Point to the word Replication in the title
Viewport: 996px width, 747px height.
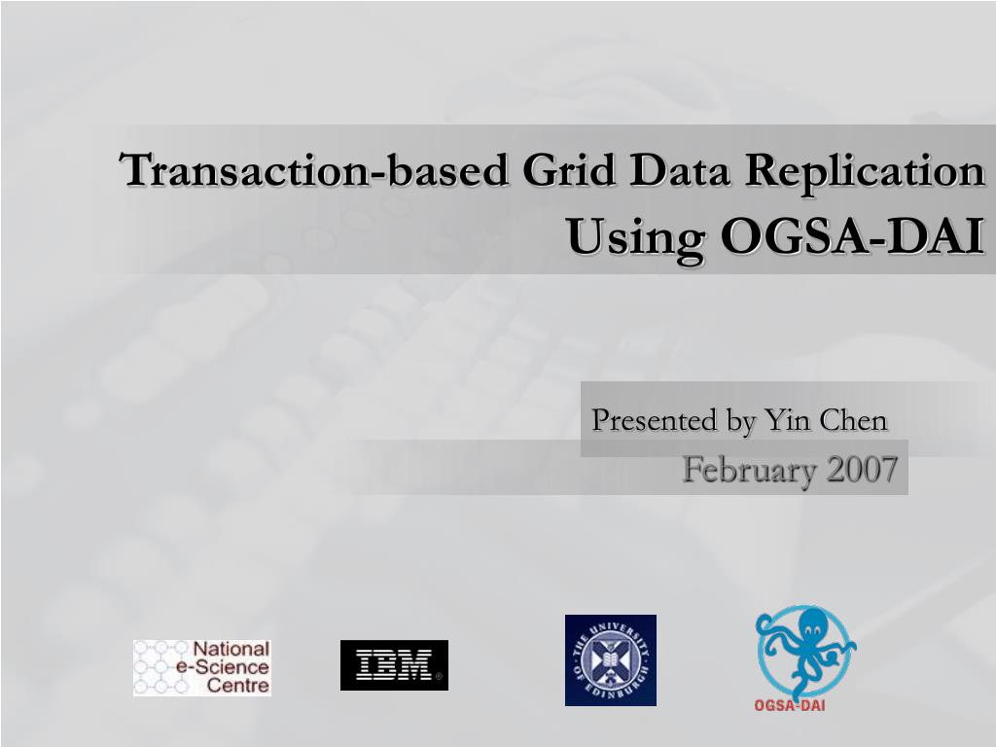(x=865, y=171)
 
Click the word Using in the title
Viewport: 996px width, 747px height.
(x=636, y=237)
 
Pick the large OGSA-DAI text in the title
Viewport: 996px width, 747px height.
(x=852, y=235)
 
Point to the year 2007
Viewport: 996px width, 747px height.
(x=862, y=469)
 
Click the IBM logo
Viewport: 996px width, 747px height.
(x=394, y=665)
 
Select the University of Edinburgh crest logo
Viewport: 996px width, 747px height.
(x=611, y=660)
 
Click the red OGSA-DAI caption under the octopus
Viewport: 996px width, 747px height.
(x=790, y=704)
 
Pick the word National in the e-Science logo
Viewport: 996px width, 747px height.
(x=231, y=649)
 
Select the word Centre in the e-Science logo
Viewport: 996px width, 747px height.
(x=238, y=686)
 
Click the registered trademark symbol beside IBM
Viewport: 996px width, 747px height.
(x=439, y=677)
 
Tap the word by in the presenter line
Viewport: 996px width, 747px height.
(x=742, y=421)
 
